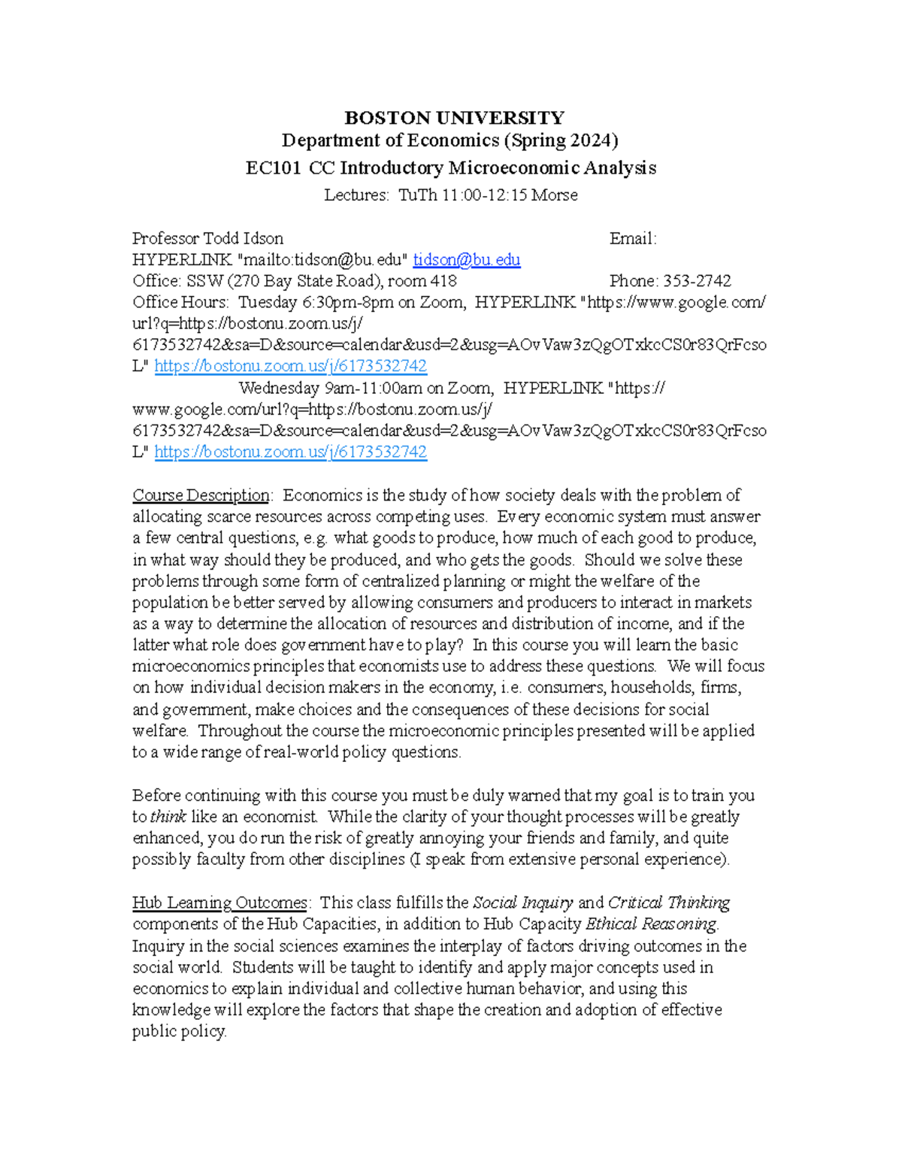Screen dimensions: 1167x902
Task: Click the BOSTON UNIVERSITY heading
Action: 454,118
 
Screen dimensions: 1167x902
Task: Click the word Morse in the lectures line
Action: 555,195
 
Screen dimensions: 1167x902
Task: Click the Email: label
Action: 632,238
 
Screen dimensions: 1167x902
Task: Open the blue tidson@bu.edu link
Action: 466,259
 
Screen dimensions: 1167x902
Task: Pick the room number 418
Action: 443,280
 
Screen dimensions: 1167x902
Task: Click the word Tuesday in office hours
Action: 268,302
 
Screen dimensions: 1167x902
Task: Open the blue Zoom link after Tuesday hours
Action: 290,366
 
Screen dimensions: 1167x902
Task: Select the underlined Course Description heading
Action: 201,495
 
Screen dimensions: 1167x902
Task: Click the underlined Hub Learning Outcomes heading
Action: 219,902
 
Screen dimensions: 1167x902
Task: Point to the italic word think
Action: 168,817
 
